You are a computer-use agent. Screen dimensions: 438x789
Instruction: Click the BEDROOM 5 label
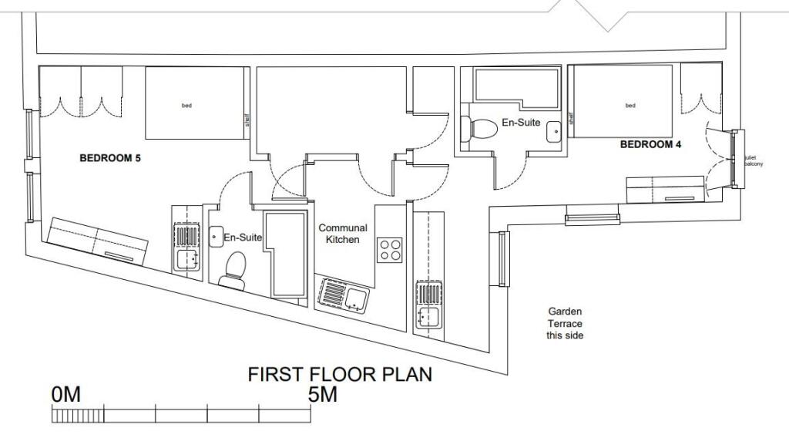point(110,158)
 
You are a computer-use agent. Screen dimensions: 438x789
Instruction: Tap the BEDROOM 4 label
point(650,144)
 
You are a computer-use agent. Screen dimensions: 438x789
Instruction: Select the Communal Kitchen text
point(343,234)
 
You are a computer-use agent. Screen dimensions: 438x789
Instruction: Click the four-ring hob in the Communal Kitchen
point(391,249)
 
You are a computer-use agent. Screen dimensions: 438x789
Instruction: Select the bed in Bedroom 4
point(622,102)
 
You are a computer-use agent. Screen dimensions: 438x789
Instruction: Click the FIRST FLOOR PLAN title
point(339,375)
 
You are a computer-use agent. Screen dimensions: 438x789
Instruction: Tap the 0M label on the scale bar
point(65,395)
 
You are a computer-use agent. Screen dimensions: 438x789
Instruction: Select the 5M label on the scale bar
point(323,395)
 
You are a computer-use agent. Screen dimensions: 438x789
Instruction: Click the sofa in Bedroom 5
point(97,241)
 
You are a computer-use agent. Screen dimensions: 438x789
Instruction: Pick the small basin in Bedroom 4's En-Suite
point(555,133)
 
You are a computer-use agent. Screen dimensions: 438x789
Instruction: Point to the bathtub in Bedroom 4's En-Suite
point(509,90)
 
